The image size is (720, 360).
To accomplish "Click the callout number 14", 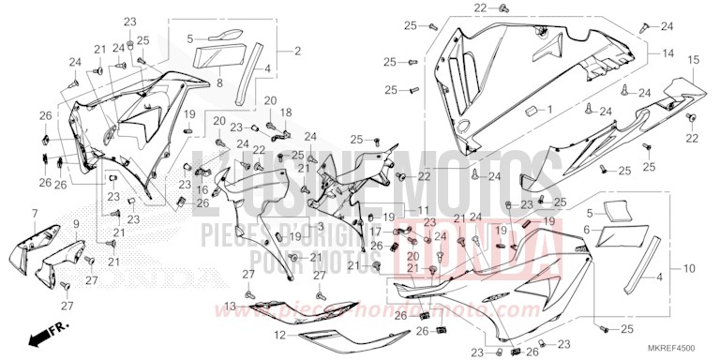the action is coord(667,54).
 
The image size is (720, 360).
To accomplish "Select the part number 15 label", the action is coord(693,60).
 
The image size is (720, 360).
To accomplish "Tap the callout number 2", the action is coord(297,50).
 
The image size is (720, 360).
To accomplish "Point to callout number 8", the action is coord(218,82).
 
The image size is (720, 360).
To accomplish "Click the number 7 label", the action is coord(36,214).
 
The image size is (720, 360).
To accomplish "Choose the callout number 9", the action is coord(77,225).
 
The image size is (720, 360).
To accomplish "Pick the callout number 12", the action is coord(278,335).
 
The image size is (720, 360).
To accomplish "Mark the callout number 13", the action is coord(230,306).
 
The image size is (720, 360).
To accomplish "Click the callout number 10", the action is coord(689,268).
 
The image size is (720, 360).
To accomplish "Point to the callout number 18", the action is coord(287,112).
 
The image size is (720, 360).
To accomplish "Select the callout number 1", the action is coord(551,110).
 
